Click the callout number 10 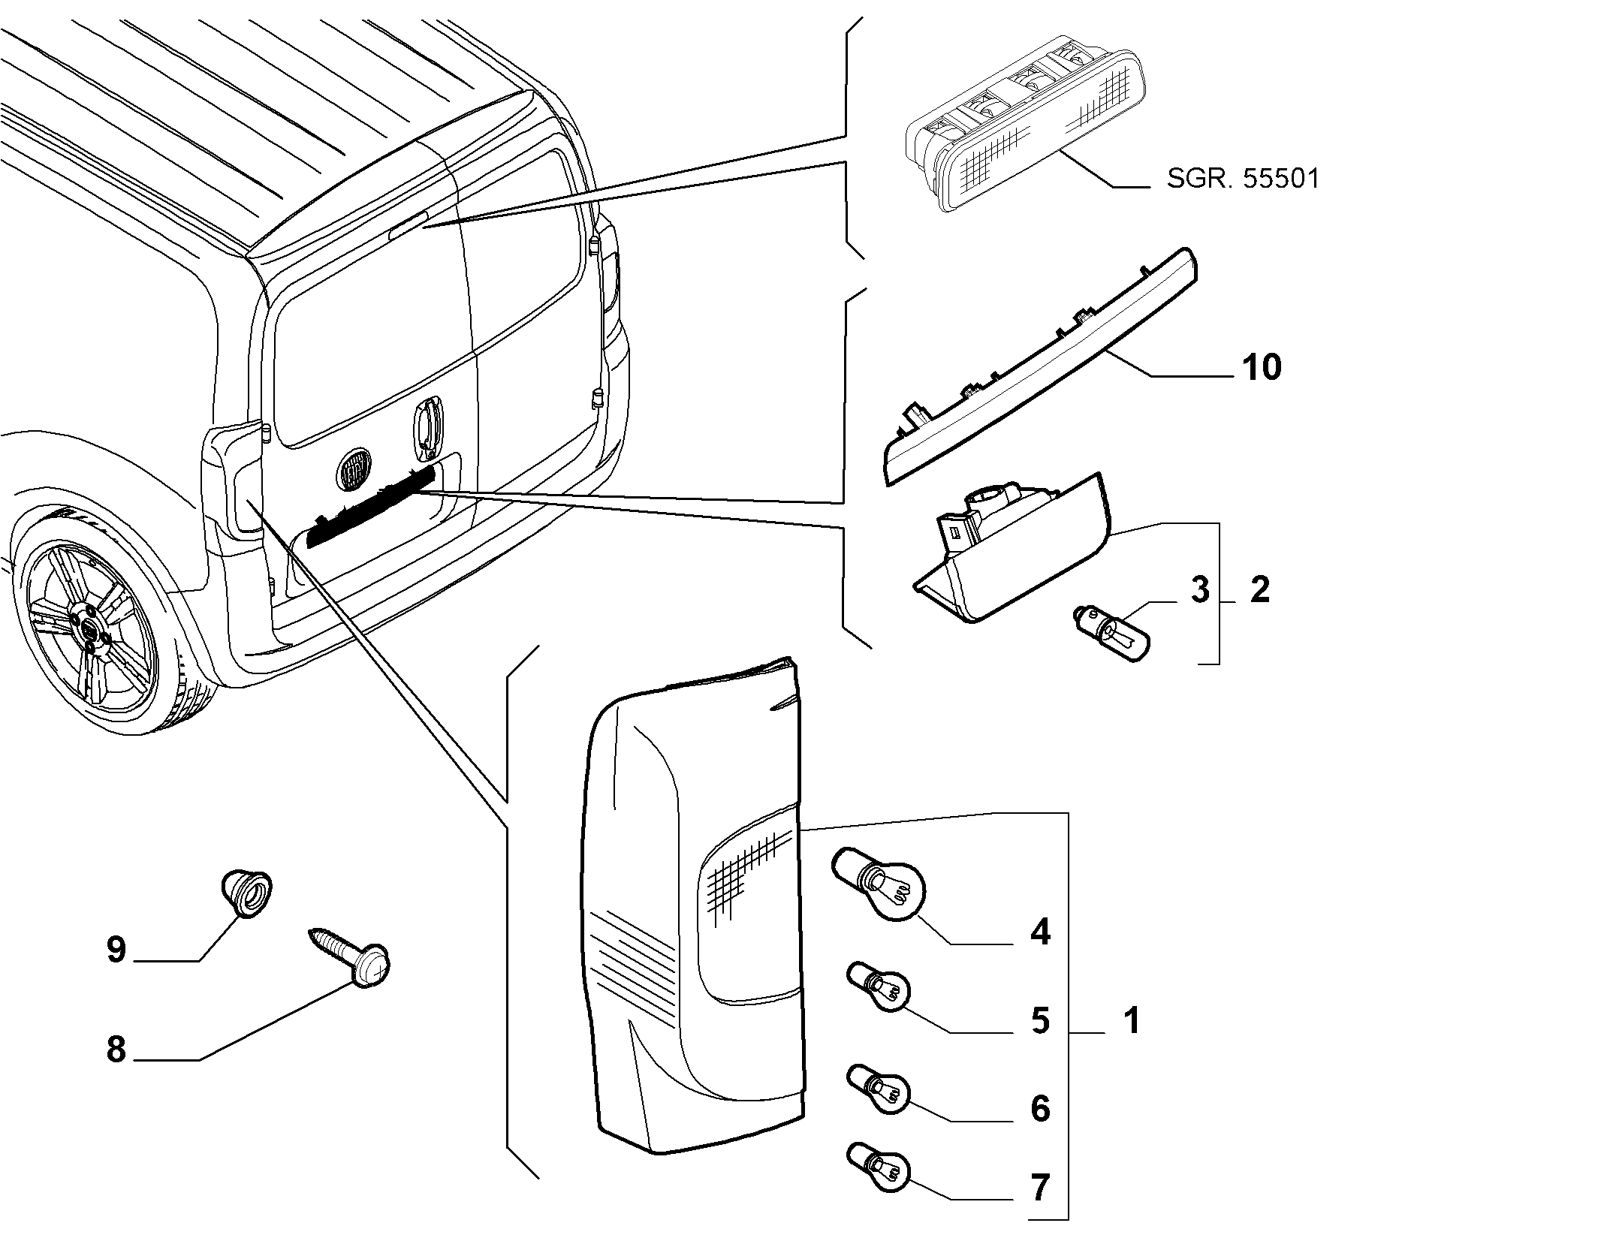[x=1262, y=368]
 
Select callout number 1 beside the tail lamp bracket [x=1132, y=1021]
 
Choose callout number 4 [x=1040, y=932]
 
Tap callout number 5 [x=1040, y=1021]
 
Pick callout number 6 [x=1040, y=1108]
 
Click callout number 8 [x=116, y=1050]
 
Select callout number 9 [x=116, y=950]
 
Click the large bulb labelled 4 [x=879, y=886]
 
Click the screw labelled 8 [x=351, y=958]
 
